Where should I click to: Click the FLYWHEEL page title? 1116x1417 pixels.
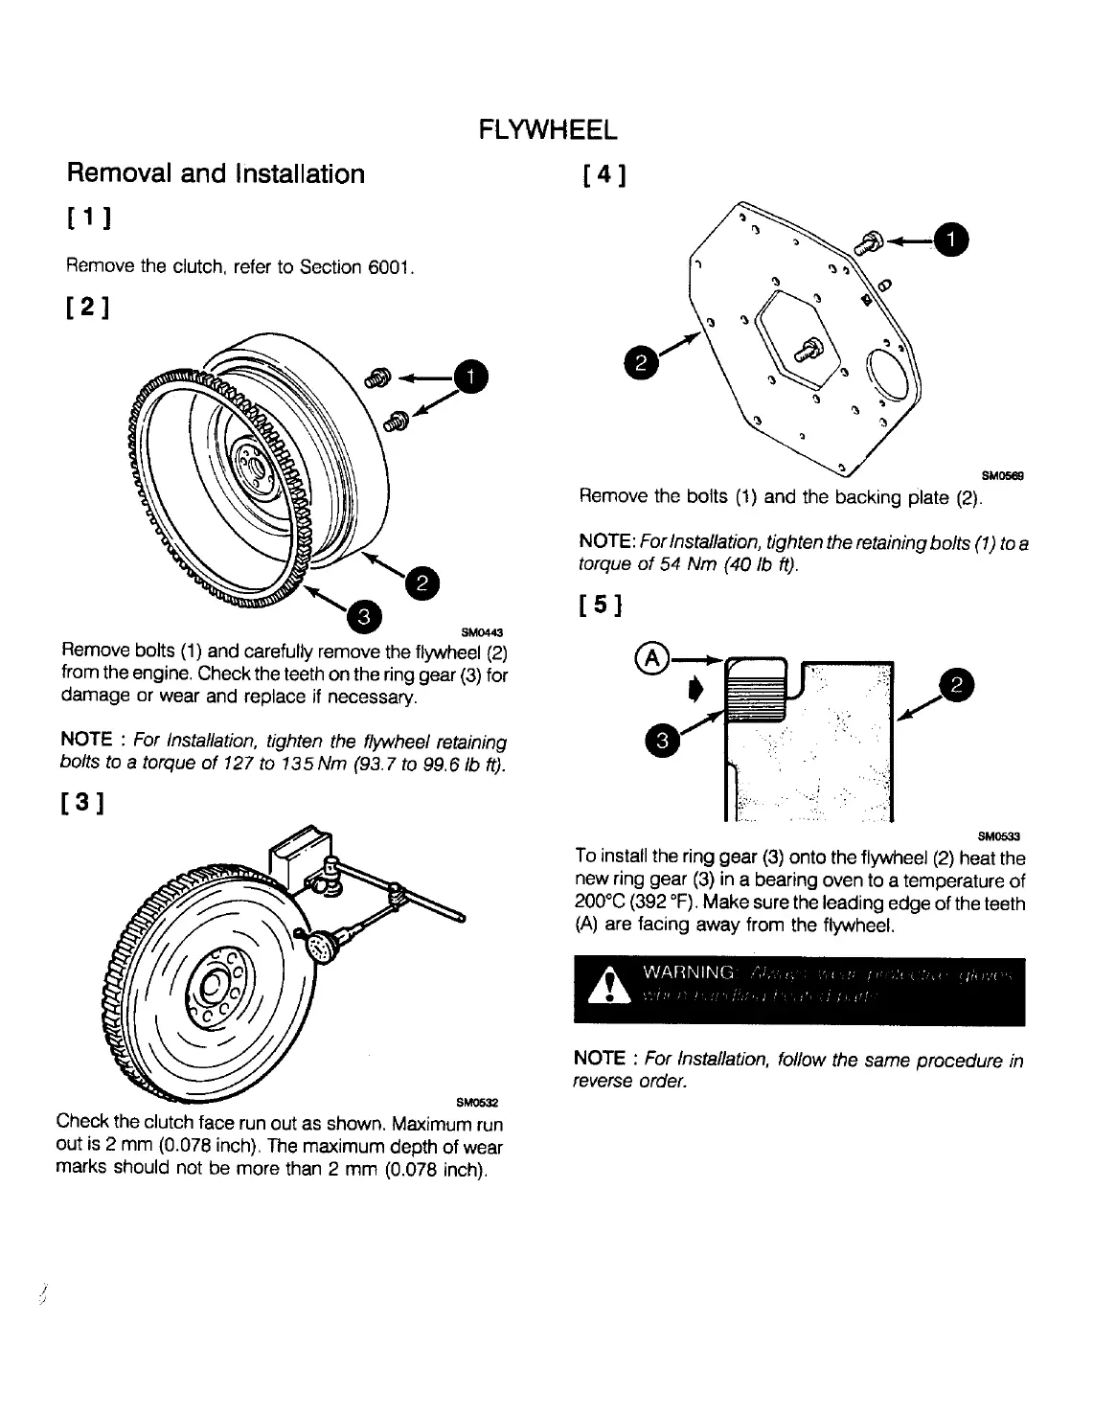tap(548, 129)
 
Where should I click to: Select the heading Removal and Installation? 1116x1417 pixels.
tap(216, 174)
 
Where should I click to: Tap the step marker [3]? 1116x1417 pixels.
tap(86, 802)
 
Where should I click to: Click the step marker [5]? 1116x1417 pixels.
tap(602, 606)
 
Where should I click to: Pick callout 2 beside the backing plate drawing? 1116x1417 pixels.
tap(639, 361)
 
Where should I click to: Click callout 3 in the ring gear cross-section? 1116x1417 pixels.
tap(662, 741)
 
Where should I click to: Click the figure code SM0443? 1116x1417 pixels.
tap(482, 632)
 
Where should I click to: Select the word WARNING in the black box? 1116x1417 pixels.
tap(689, 972)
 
